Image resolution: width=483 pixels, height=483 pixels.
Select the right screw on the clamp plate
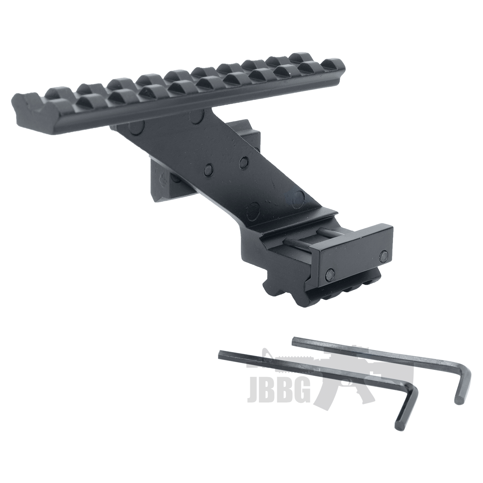(384, 255)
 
